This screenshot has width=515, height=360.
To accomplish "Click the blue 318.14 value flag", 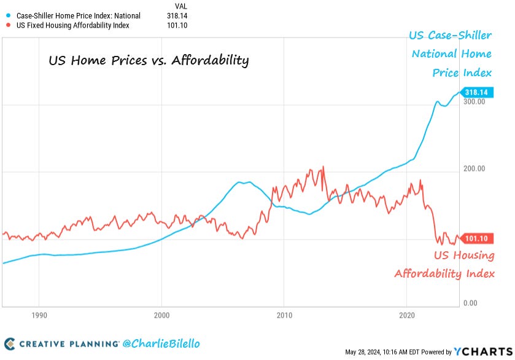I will coord(477,92).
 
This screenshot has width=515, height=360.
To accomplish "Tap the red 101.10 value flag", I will coord(477,238).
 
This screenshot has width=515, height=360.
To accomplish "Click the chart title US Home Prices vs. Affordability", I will coord(149,61).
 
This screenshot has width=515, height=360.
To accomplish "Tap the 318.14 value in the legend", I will coord(176,15).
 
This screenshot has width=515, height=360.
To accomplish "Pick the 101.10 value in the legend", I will coord(176,25).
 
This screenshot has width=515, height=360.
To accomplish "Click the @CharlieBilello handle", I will coord(162,343).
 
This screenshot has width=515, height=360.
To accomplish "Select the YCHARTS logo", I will coord(484,351).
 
